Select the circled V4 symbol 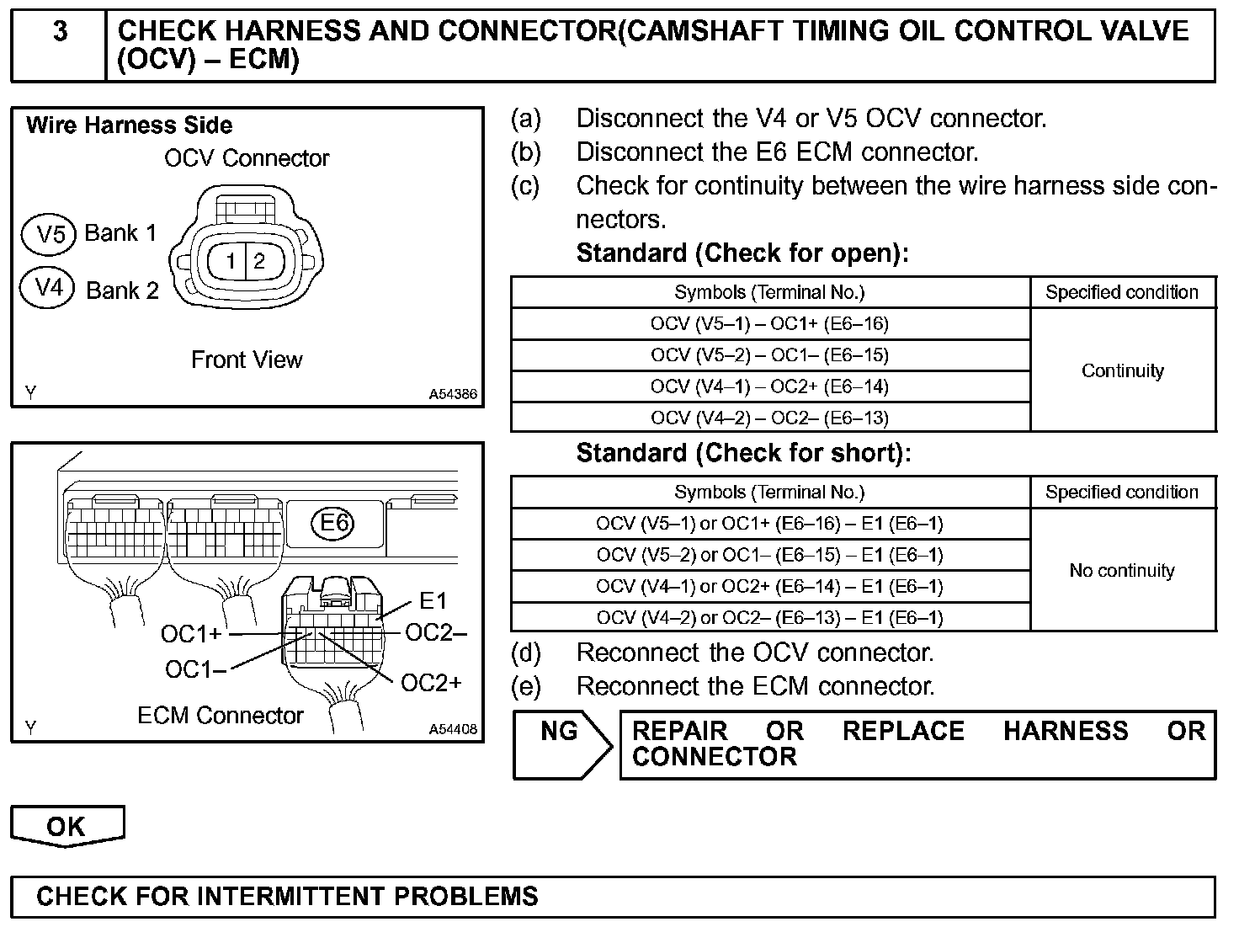coord(49,289)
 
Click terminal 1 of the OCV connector coord(231,261)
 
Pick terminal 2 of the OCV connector coord(259,261)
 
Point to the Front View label coord(247,360)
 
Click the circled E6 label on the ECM coord(335,523)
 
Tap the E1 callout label coord(433,600)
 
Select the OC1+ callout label coord(191,634)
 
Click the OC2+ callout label coord(431,683)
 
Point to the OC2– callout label coord(435,632)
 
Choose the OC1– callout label coord(195,670)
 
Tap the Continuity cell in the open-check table coord(1123,370)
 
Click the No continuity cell coord(1122,571)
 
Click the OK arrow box coord(66,826)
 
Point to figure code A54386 coord(453,394)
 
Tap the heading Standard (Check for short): coord(743,453)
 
